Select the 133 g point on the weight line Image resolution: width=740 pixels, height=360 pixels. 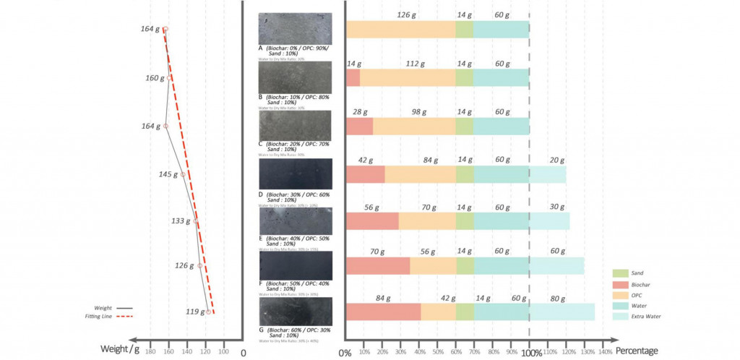pyautogui.click(x=195, y=222)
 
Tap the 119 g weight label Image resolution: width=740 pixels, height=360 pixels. pyautogui.click(x=192, y=312)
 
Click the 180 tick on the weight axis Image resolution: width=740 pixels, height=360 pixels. pyautogui.click(x=150, y=351)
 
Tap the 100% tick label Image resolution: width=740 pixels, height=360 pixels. pyautogui.click(x=531, y=352)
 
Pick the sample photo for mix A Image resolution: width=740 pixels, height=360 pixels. pyautogui.click(x=295, y=29)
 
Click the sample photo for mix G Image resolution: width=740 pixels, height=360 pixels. pyautogui.click(x=295, y=312)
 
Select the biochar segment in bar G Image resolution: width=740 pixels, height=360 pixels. pyautogui.click(x=383, y=312)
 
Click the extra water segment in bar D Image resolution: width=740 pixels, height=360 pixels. pyautogui.click(x=548, y=174)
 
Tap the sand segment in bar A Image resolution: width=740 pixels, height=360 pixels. pyautogui.click(x=464, y=29)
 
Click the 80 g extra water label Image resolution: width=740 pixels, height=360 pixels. pyautogui.click(x=558, y=299)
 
